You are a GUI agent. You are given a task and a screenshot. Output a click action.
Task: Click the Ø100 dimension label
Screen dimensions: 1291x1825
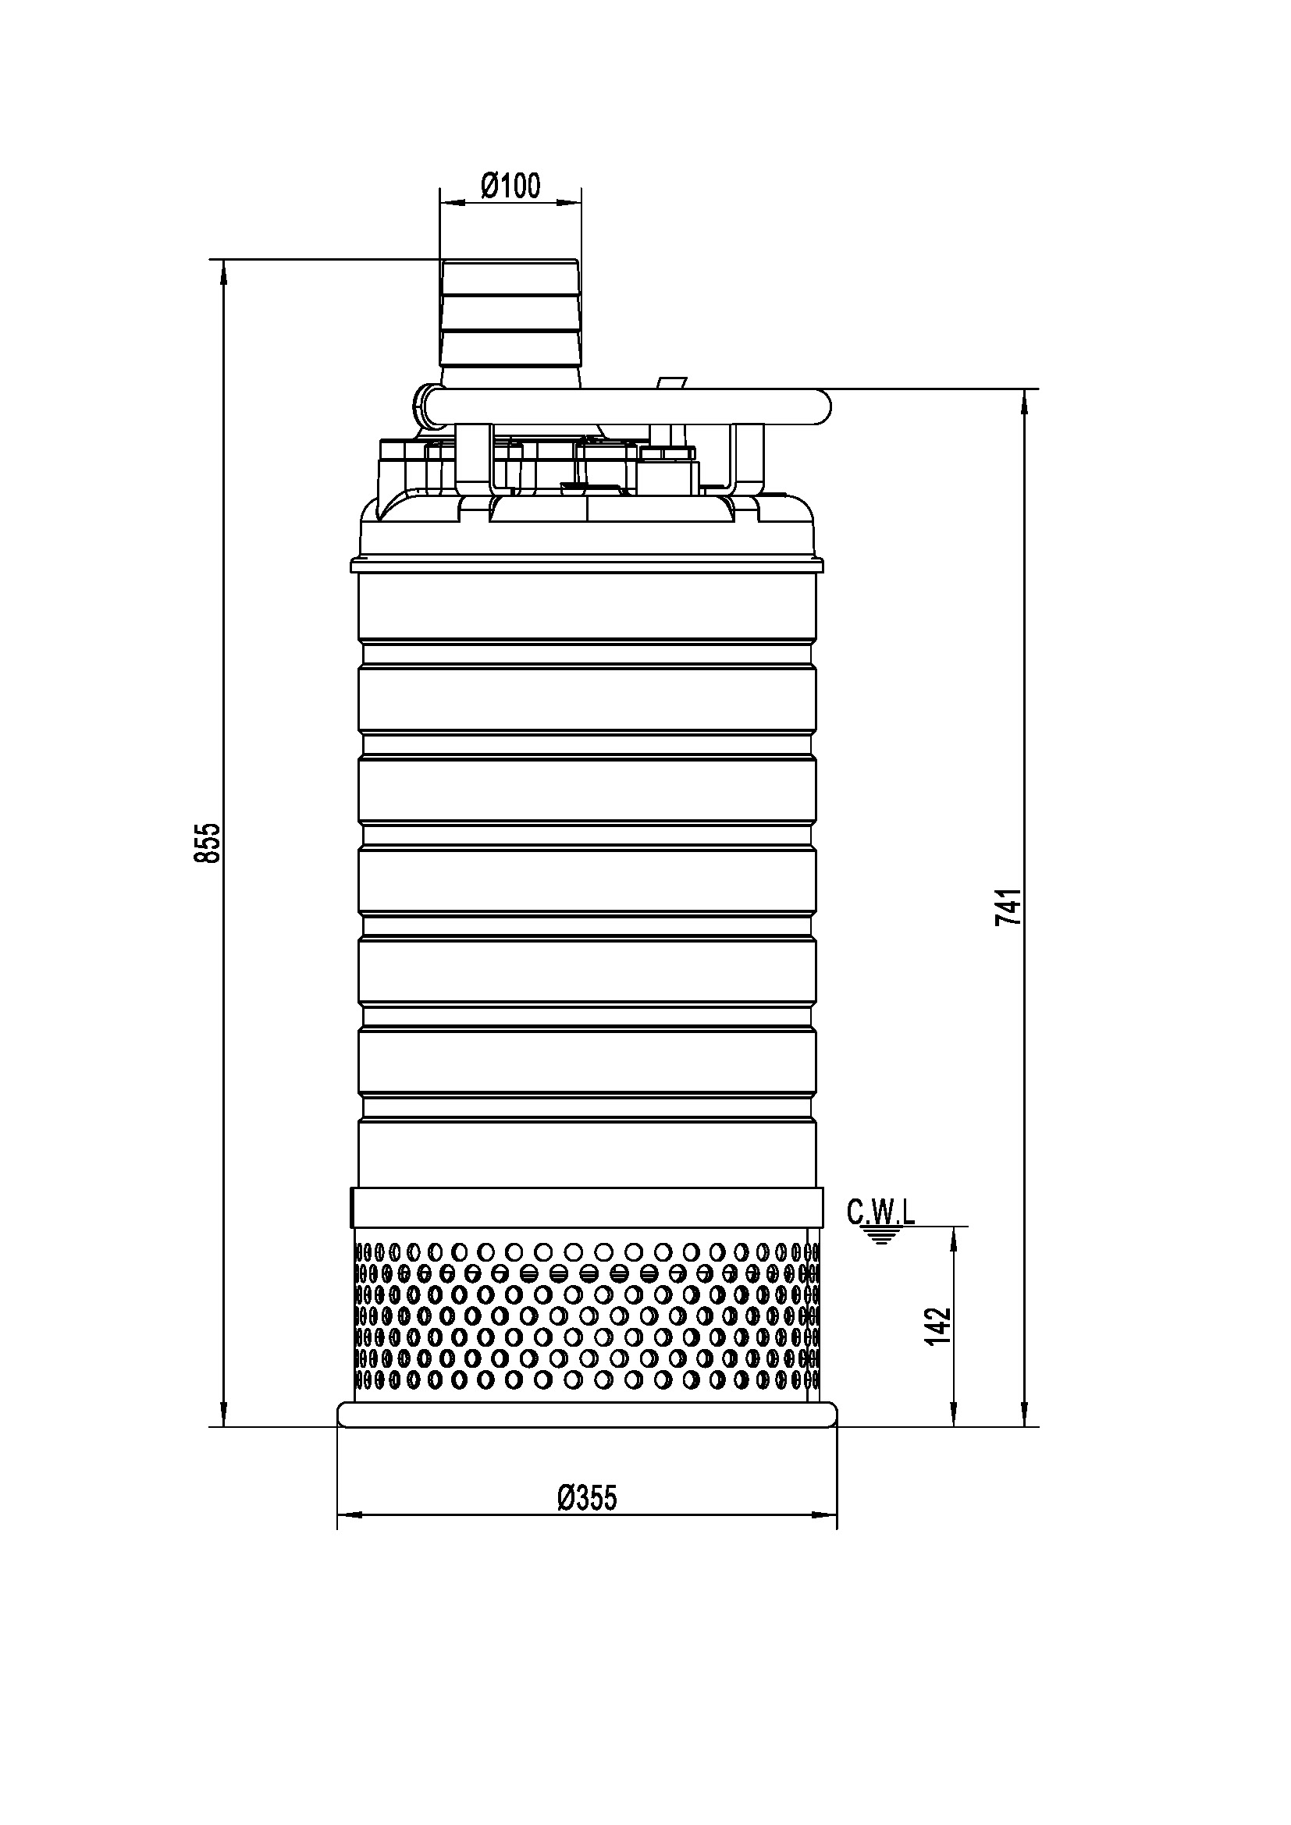tap(510, 186)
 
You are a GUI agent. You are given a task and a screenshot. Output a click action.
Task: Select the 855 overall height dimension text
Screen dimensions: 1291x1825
tap(207, 843)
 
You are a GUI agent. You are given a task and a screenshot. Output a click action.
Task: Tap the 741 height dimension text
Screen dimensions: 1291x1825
tap(1007, 907)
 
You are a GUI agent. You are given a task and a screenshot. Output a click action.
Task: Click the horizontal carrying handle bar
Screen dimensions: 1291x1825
tap(628, 407)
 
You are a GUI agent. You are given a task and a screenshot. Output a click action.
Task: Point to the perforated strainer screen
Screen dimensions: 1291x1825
tap(587, 1325)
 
